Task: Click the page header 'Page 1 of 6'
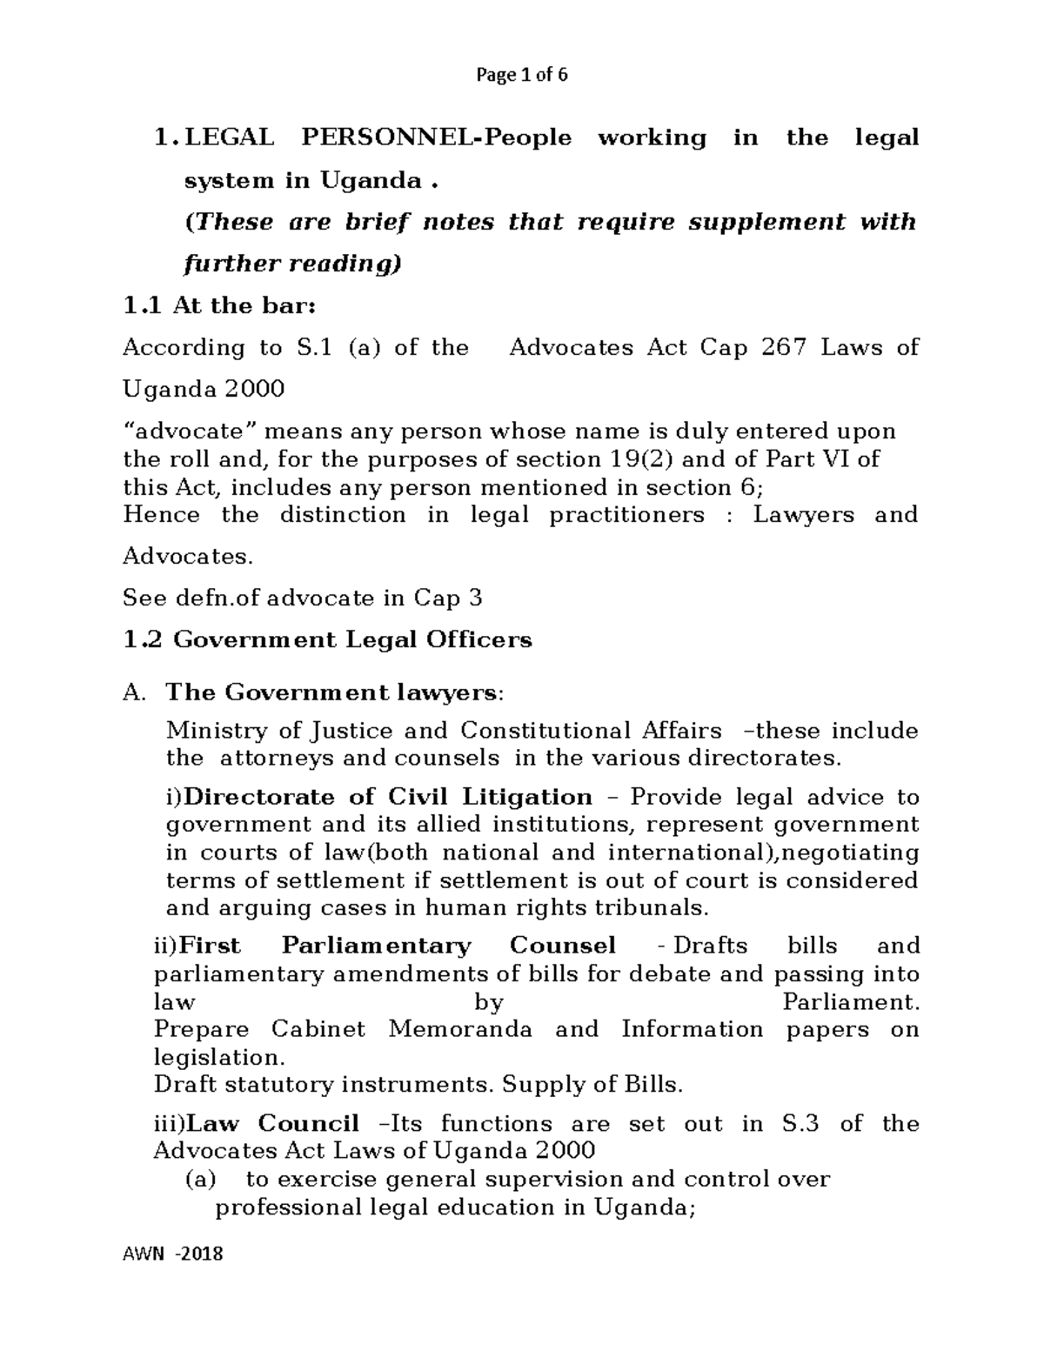[x=521, y=75]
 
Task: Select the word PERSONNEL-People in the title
[x=436, y=137]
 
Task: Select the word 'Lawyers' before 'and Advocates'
[x=803, y=515]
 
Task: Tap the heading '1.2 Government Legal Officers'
[x=327, y=640]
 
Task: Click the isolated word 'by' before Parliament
[x=489, y=1002]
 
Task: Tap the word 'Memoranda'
[x=460, y=1030]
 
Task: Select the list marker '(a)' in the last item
[x=202, y=1180]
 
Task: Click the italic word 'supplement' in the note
[x=766, y=222]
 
